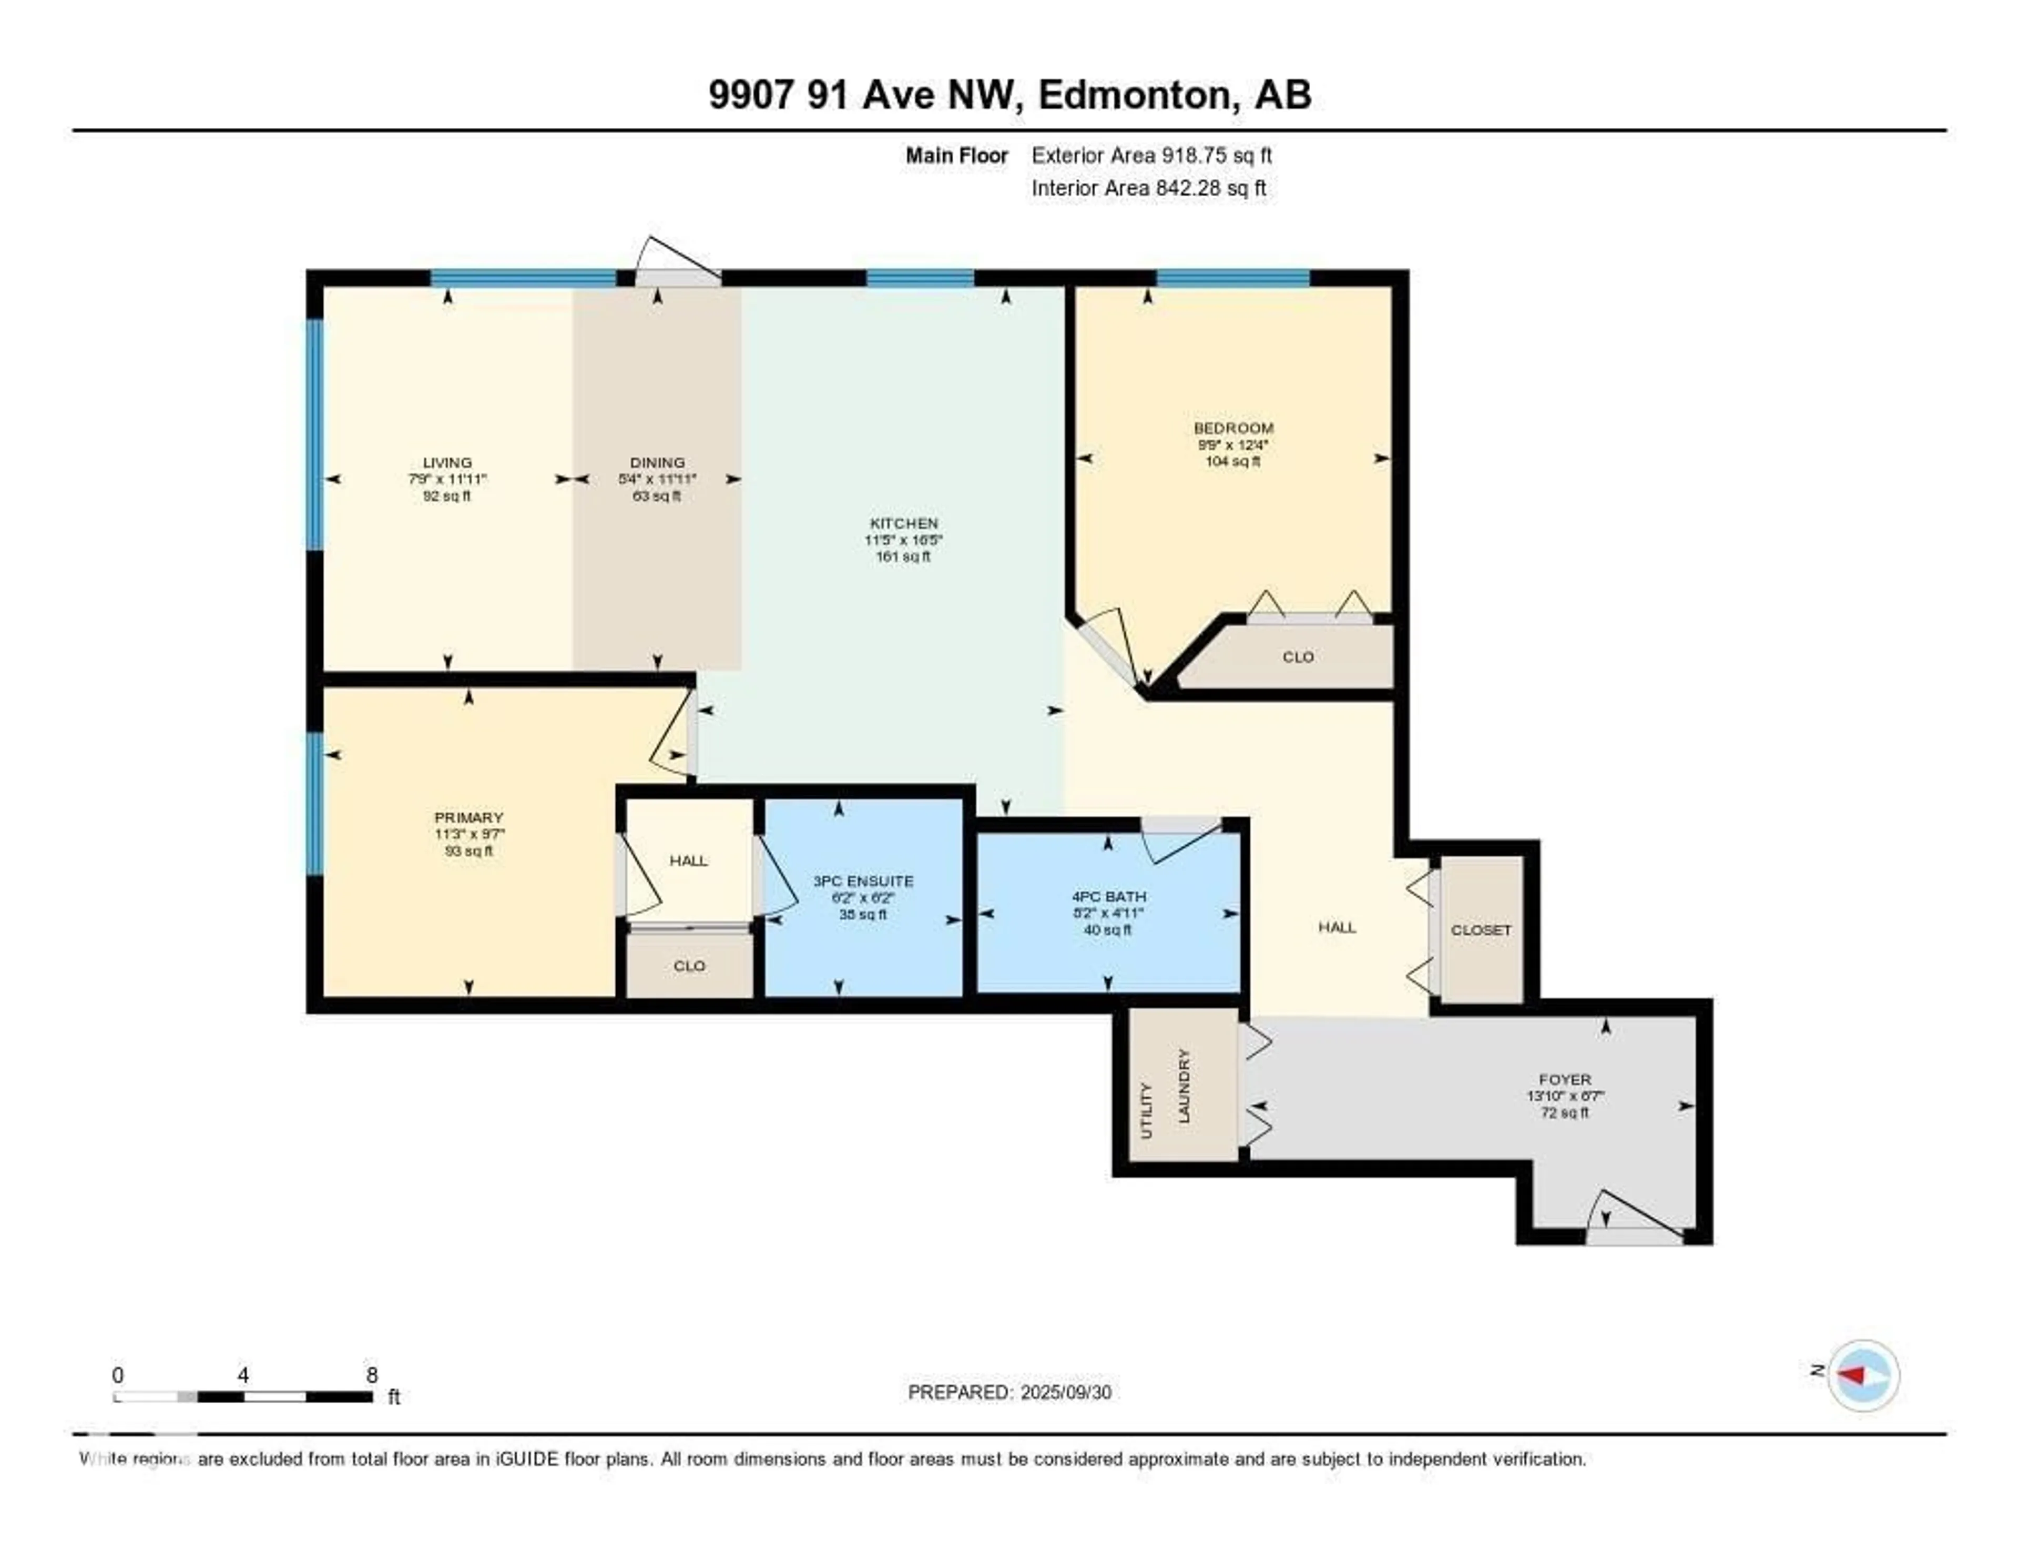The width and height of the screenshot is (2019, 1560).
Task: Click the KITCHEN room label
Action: click(903, 523)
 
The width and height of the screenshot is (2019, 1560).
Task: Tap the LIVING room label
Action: click(447, 462)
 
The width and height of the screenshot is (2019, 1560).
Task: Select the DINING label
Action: click(657, 462)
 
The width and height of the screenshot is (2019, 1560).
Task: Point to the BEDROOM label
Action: click(1233, 428)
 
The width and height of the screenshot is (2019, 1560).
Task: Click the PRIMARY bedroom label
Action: click(468, 817)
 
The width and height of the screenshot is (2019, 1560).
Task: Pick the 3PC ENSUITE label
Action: click(862, 882)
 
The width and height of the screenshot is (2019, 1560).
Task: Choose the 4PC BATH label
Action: click(1108, 896)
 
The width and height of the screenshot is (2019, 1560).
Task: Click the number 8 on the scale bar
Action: click(372, 1375)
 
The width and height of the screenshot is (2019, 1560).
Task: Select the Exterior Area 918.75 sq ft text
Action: click(1151, 155)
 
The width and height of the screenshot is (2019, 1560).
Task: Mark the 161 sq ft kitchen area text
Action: click(903, 556)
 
